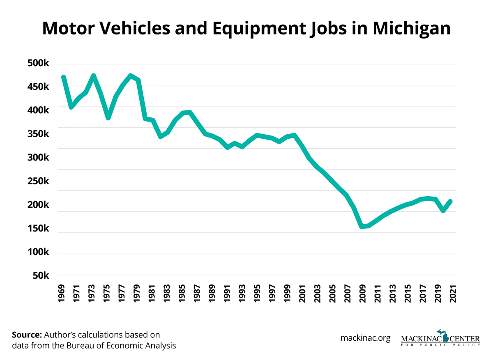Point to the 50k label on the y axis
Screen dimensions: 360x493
click(x=39, y=275)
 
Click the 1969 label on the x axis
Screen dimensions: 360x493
click(x=64, y=292)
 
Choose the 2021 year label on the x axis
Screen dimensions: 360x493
click(x=452, y=292)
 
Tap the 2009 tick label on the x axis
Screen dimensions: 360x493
click(x=362, y=292)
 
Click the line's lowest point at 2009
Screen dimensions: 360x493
click(x=362, y=226)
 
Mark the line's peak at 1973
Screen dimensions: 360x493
click(x=94, y=76)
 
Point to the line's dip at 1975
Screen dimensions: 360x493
click(x=108, y=118)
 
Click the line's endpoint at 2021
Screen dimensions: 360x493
click(x=451, y=201)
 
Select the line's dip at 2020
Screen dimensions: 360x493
click(x=443, y=211)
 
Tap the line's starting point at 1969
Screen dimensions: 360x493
click(x=64, y=77)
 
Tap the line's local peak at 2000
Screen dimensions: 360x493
click(x=294, y=135)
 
